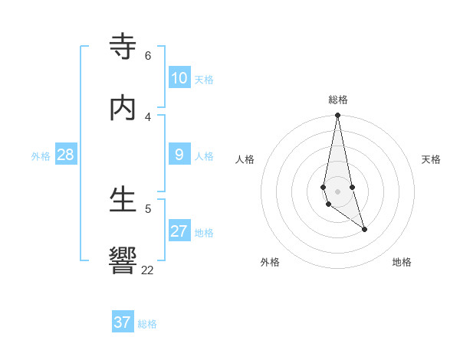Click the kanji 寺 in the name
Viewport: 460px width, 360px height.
[x=123, y=47]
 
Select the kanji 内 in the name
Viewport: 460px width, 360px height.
[x=123, y=108]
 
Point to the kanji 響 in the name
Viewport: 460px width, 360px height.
[x=123, y=261]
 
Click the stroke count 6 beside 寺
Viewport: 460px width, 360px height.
[x=147, y=56]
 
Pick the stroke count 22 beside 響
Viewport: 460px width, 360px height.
[x=147, y=270]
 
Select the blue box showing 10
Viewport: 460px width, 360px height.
[x=179, y=78]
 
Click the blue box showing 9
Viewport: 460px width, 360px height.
[x=179, y=155]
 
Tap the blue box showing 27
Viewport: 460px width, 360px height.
[x=179, y=231]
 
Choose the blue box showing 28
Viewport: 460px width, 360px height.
[x=66, y=155]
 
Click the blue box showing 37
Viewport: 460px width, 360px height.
[x=123, y=322]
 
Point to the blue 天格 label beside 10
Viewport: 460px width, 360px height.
[x=204, y=80]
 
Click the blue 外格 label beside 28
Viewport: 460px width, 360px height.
[x=41, y=156]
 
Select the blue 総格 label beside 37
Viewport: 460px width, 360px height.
[x=147, y=324]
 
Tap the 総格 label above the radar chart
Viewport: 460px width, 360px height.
[x=338, y=100]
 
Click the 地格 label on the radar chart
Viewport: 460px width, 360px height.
[x=402, y=262]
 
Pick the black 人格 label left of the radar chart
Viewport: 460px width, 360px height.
[x=245, y=159]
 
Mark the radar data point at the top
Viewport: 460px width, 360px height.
[x=337, y=116]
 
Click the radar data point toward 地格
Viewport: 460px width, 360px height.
[x=364, y=229]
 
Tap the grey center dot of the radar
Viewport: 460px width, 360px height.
[x=337, y=191]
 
